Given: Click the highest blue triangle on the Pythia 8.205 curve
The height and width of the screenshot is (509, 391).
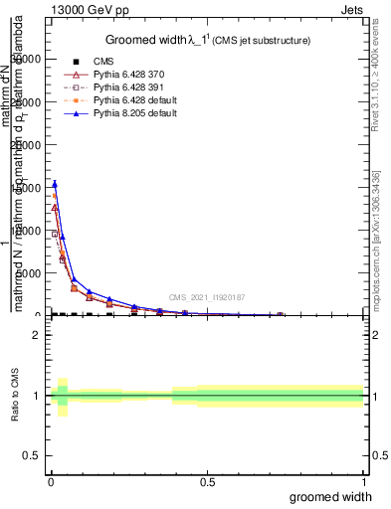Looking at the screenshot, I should [55, 184].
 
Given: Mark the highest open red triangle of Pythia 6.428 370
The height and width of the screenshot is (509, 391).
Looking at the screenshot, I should [55, 208].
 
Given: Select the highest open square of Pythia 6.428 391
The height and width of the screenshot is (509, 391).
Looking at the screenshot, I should [55, 235].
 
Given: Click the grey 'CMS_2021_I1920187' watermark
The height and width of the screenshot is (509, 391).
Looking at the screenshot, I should [207, 296].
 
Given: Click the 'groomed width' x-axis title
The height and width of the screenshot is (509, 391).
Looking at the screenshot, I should [330, 496].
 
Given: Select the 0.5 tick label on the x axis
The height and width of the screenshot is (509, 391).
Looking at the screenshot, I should [207, 480].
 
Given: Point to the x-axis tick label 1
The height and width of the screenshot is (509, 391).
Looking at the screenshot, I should [363, 480].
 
